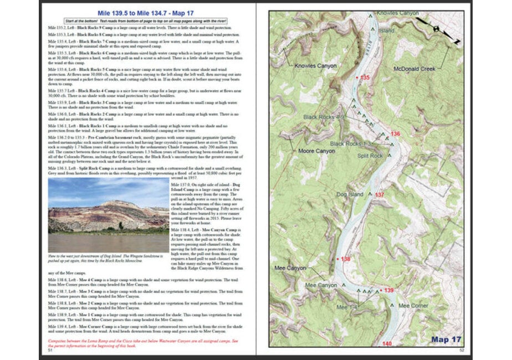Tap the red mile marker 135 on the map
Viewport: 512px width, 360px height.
point(364,78)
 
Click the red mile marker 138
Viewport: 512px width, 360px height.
point(346,259)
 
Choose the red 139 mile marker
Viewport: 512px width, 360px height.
point(388,290)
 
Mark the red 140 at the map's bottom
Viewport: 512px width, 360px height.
point(387,344)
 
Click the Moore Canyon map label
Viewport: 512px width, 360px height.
point(317,151)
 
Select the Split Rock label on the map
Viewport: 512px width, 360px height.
point(370,156)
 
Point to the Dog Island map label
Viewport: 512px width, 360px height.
point(350,194)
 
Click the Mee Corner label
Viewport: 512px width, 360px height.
point(413,306)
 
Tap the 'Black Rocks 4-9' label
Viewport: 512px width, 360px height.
point(324,117)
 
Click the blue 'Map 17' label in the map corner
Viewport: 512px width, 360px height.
point(447,338)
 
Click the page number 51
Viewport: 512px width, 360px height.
point(50,350)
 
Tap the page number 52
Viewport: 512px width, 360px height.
point(461,350)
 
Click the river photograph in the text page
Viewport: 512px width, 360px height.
point(108,214)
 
